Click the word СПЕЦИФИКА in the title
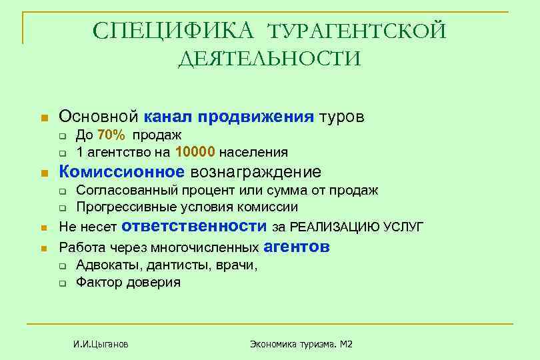pyautogui.click(x=175, y=31)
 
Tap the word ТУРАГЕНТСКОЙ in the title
pyautogui.click(x=357, y=31)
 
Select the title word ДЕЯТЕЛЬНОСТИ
pyautogui.click(x=269, y=60)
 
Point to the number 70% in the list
pyautogui.click(x=111, y=135)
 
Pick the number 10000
pyautogui.click(x=196, y=152)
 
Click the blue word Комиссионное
pyautogui.click(x=121, y=171)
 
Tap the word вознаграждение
pyautogui.click(x=256, y=171)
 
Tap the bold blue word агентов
pyautogui.click(x=297, y=247)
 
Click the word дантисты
pyautogui.click(x=174, y=265)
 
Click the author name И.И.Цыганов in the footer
pyautogui.click(x=101, y=344)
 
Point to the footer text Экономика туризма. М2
pyautogui.click(x=301, y=344)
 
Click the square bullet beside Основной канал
pyautogui.click(x=44, y=118)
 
